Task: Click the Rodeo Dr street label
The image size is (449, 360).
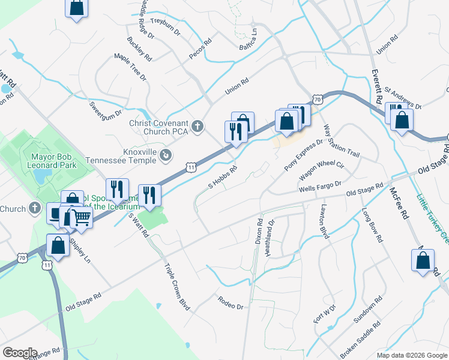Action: click(x=231, y=302)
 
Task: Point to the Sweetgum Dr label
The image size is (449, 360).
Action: click(x=106, y=112)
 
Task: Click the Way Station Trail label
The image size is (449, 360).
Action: click(x=341, y=142)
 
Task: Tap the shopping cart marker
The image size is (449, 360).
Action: click(x=81, y=220)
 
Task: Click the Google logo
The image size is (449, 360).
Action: click(x=20, y=353)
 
